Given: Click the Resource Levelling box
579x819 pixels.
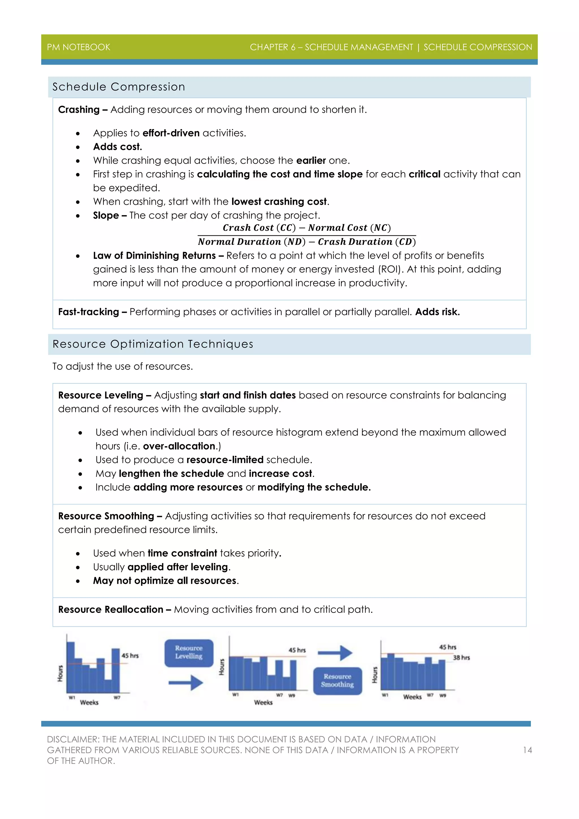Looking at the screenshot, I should pyautogui.click(x=189, y=653).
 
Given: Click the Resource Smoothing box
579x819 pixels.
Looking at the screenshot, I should pyautogui.click(x=337, y=681).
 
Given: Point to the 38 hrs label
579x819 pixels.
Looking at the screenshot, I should pyautogui.click(x=461, y=658).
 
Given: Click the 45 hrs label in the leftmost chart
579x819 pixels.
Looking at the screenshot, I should pyautogui.click(x=130, y=656).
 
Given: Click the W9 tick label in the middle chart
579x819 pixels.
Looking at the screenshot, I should pyautogui.click(x=292, y=695).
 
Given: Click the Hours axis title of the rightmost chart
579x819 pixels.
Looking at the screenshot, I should pyautogui.click(x=374, y=675).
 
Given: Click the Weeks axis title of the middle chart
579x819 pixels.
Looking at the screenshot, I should pyautogui.click(x=263, y=702).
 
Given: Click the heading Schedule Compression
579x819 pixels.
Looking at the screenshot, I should pyautogui.click(x=119, y=87).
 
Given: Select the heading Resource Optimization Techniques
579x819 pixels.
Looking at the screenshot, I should pyautogui.click(x=153, y=344).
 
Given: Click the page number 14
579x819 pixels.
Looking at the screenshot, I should pyautogui.click(x=527, y=750).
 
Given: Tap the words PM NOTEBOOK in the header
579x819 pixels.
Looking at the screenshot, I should pyautogui.click(x=78, y=47).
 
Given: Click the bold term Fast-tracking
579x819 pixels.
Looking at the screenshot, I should pyautogui.click(x=88, y=312).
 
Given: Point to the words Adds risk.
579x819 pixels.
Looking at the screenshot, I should pyautogui.click(x=437, y=312).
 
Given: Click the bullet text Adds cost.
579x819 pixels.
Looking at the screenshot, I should pyautogui.click(x=118, y=146).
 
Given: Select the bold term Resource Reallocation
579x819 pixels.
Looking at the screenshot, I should pyautogui.click(x=111, y=609).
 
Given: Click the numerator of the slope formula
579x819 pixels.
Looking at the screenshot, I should pyautogui.click(x=307, y=228).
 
